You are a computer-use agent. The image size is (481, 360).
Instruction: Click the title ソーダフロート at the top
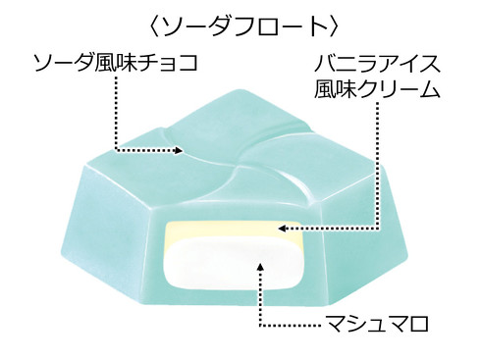point(240,22)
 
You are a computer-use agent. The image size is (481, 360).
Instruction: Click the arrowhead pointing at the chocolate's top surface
point(179,151)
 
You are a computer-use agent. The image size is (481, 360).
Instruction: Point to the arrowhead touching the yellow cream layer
point(283,231)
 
